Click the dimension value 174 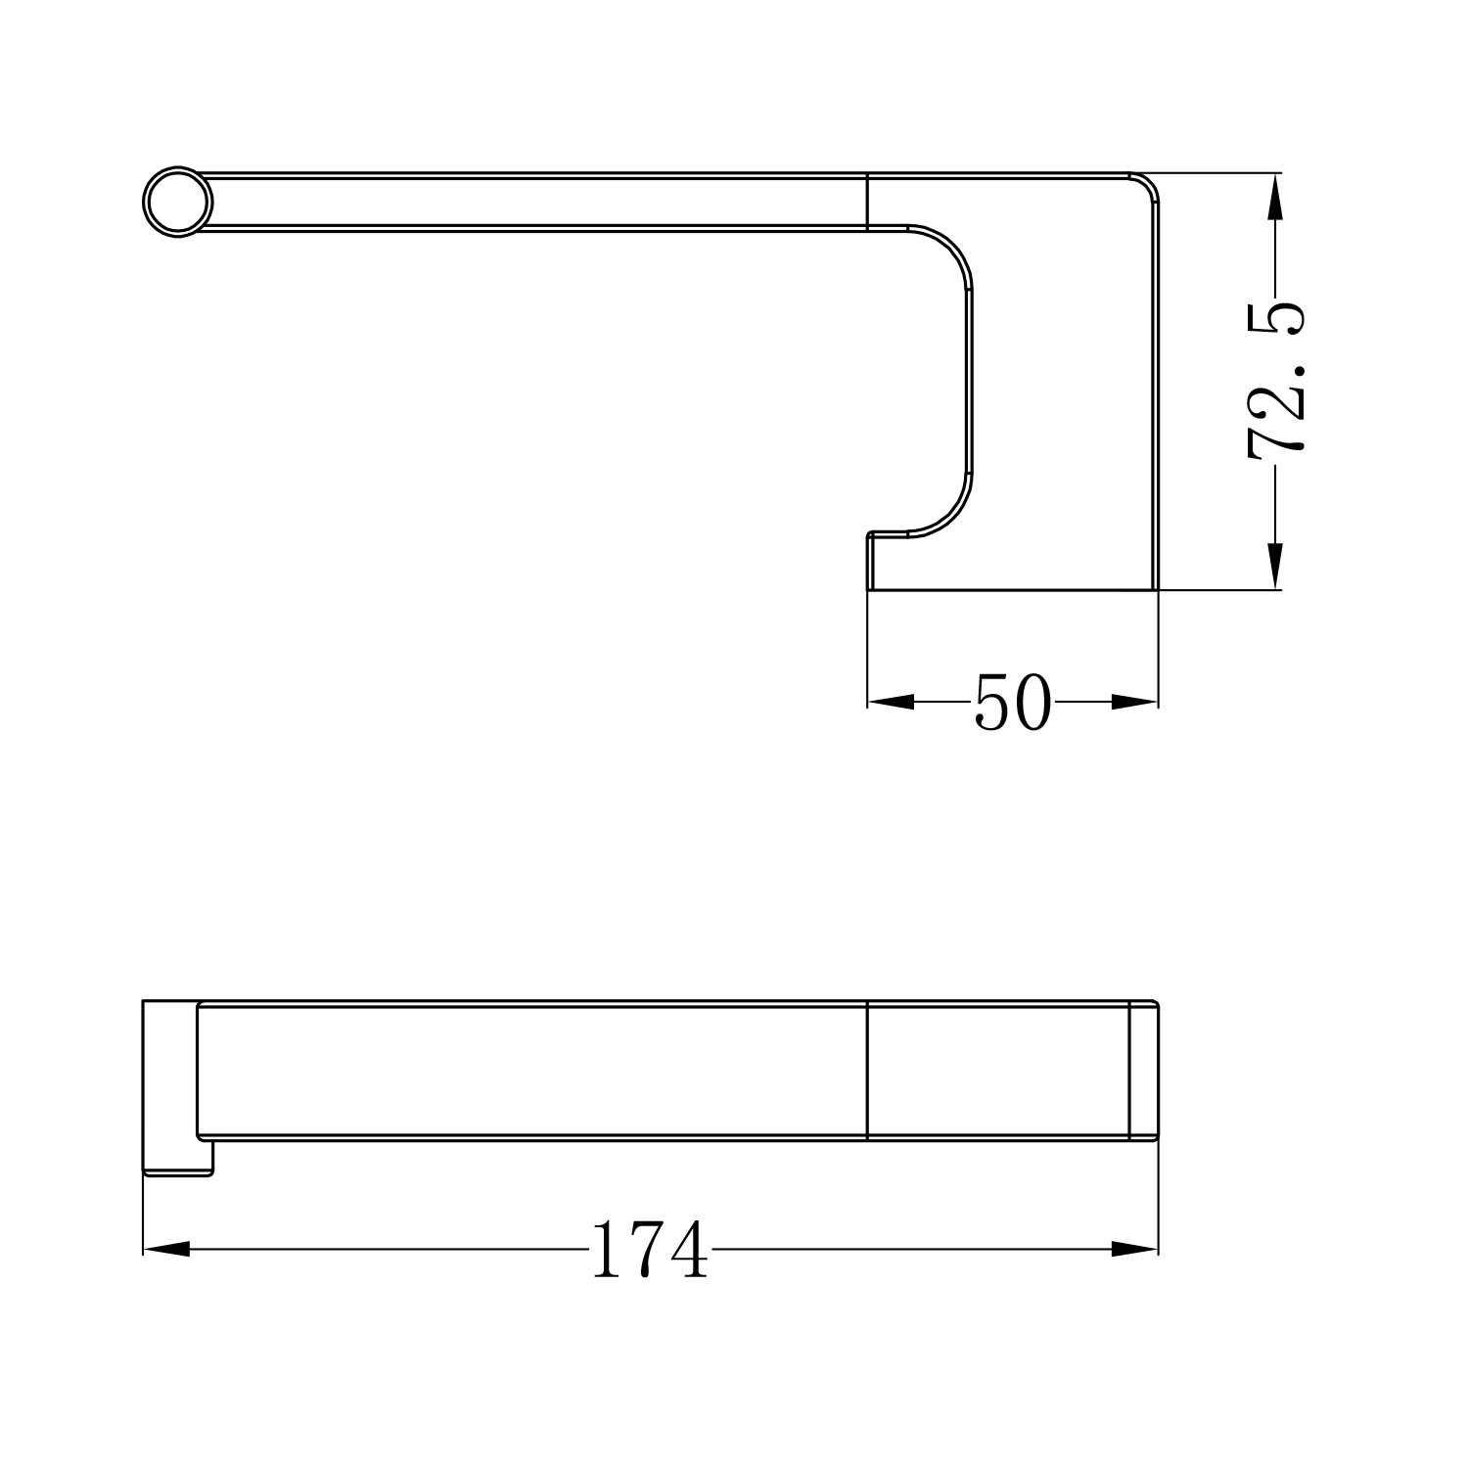pyautogui.click(x=649, y=1250)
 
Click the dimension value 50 pyautogui.click(x=1012, y=703)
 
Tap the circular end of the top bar pyautogui.click(x=177, y=203)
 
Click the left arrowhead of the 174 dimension pyautogui.click(x=166, y=1249)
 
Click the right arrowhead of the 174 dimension pyautogui.click(x=1135, y=1249)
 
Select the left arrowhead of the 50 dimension pyautogui.click(x=890, y=702)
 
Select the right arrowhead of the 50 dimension pyautogui.click(x=1135, y=702)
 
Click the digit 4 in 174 pyautogui.click(x=686, y=1250)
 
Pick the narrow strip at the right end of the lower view pyautogui.click(x=1144, y=1071)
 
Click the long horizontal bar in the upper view pyautogui.click(x=528, y=203)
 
